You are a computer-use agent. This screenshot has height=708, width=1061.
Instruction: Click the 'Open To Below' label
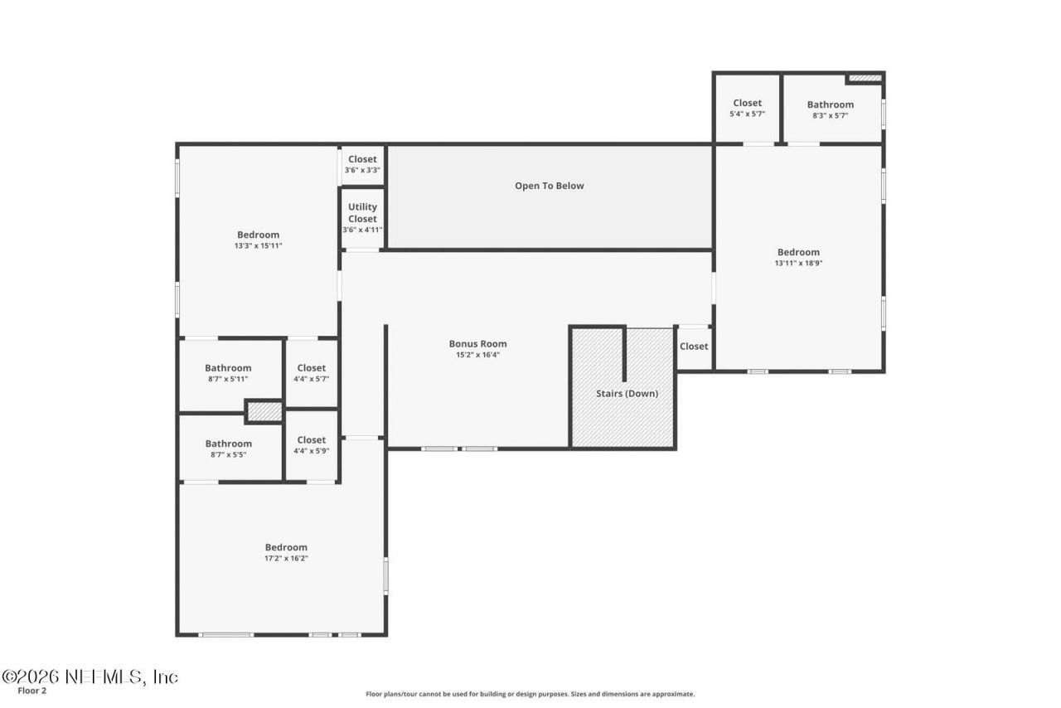[549, 186]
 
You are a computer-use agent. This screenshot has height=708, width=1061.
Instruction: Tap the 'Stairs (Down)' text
[627, 393]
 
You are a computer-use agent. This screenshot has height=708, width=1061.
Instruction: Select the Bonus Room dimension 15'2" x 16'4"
[477, 355]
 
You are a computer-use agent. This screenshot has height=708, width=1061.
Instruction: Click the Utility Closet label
[362, 213]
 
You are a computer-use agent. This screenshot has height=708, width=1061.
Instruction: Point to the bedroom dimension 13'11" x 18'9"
[798, 263]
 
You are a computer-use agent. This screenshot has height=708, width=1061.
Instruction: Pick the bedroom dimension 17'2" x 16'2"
[286, 558]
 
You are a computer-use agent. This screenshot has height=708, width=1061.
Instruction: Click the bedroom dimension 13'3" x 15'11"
[258, 245]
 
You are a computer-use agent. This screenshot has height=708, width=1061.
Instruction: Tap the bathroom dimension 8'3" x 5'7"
[830, 115]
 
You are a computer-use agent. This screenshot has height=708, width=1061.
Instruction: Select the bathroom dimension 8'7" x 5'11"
[228, 379]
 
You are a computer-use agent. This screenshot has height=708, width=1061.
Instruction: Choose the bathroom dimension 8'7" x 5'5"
[228, 454]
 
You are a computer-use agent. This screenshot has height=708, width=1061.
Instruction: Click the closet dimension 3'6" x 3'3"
[362, 170]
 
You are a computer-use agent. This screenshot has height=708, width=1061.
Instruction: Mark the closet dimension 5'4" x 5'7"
[747, 114]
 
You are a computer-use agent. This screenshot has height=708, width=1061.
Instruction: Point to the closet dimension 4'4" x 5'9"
[311, 451]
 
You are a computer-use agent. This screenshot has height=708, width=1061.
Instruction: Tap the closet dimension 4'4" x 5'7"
[311, 379]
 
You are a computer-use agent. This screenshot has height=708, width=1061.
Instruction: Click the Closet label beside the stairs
[694, 347]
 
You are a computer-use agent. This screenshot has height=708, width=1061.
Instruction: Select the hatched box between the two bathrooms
[265, 411]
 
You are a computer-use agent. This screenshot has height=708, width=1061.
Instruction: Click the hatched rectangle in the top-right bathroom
[865, 78]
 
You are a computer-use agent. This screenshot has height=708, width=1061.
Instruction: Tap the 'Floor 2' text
[32, 691]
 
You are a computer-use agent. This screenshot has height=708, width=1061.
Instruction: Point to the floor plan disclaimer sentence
[530, 694]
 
